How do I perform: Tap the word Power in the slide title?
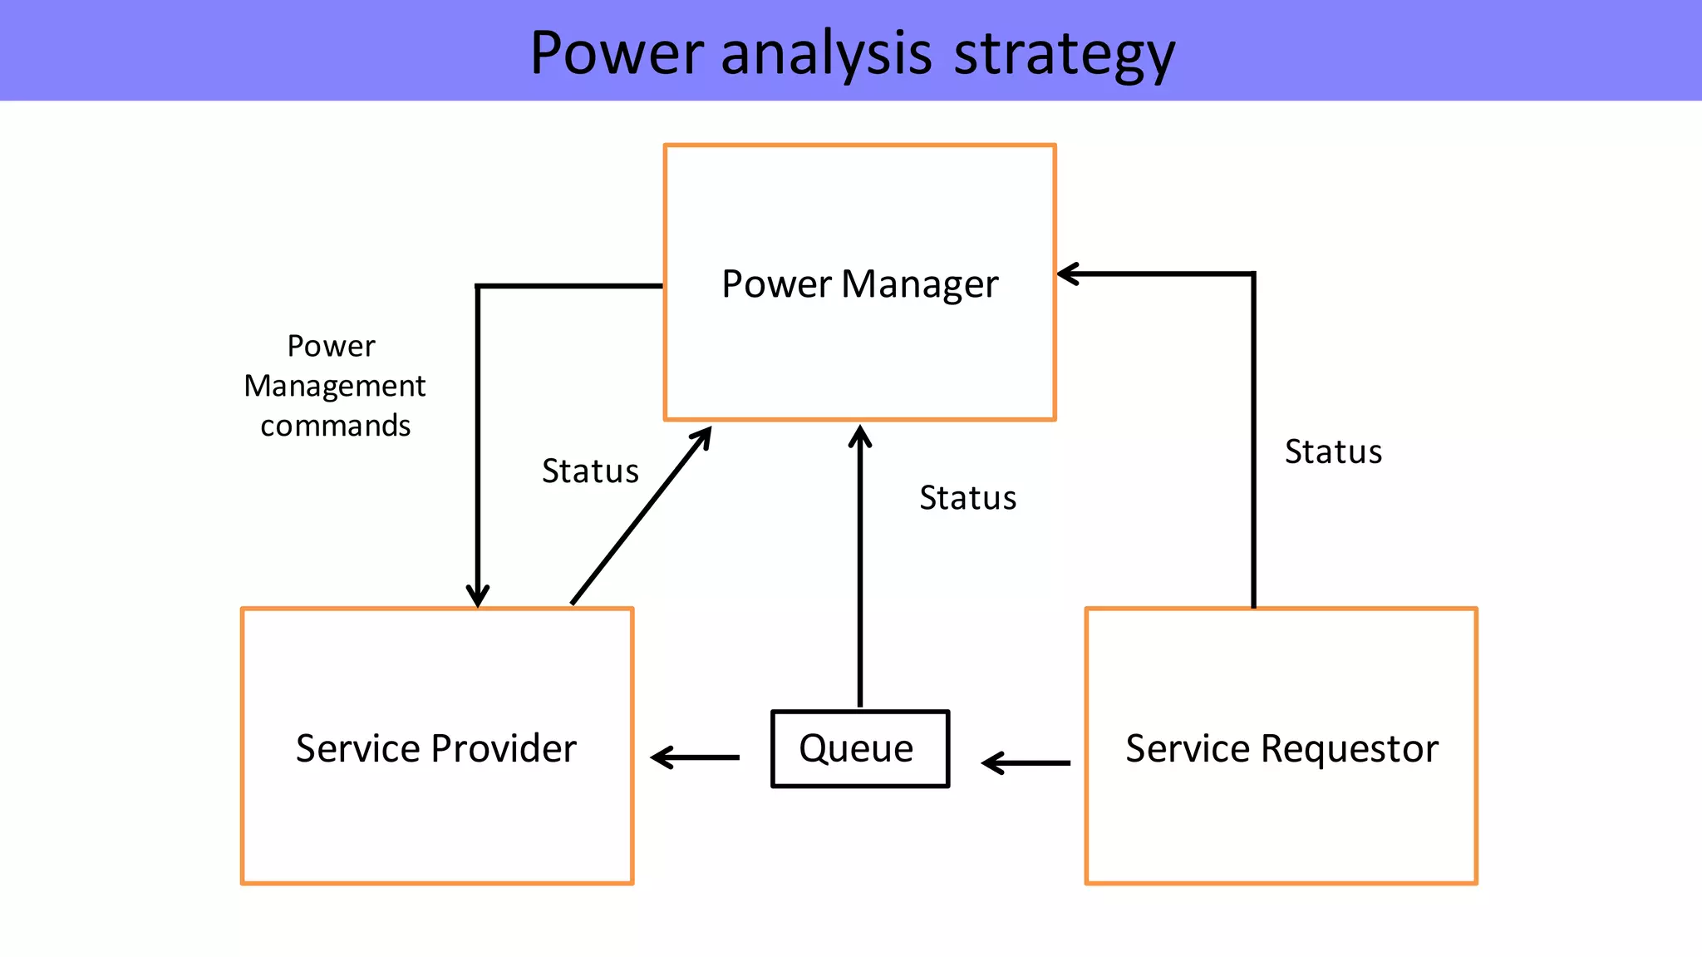pos(617,54)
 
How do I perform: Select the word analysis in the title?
pos(827,54)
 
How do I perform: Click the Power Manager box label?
pos(859,284)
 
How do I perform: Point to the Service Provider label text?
pos(435,748)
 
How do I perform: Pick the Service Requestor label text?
pos(1281,748)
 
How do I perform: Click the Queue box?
pos(859,748)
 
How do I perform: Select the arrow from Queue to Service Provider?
pos(695,757)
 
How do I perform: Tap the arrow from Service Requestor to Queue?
pos(1026,762)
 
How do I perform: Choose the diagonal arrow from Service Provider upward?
pos(640,515)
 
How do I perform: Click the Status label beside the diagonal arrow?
pos(590,471)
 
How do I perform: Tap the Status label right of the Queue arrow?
pos(967,498)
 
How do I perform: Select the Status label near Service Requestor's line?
pos(1333,452)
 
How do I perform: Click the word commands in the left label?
pos(335,426)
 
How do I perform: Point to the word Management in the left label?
pos(334,386)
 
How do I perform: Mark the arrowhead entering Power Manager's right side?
pos(1067,274)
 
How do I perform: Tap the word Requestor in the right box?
pos(1350,748)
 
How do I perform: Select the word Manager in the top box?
pos(919,284)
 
